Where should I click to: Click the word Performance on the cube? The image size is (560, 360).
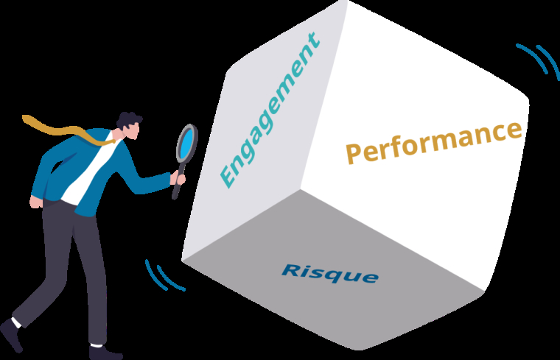coord(434,142)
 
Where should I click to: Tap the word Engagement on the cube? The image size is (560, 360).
coord(270,110)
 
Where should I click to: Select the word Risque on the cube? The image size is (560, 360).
coord(330,274)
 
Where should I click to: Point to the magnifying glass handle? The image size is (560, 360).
coord(178,181)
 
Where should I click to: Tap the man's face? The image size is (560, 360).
coord(133,132)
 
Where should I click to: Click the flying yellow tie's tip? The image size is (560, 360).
coord(24,117)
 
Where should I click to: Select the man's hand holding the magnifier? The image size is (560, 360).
coord(178,177)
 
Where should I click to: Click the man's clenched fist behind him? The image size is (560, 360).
coord(35,202)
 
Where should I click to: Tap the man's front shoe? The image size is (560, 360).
coord(105,353)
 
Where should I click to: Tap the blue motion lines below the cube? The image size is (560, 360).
coord(164,275)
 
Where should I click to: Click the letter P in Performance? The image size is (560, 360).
coord(354,154)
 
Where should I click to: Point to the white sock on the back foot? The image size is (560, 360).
coord(16,323)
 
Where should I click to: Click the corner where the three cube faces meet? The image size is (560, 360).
coord(301,189)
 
